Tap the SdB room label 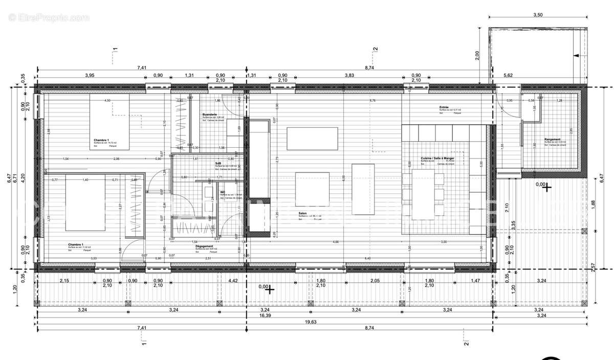[x=218, y=163]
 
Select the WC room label [x=223, y=192]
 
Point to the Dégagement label [x=204, y=246]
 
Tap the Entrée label [x=444, y=107]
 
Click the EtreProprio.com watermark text [x=49, y=17]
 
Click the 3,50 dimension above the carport [x=537, y=15]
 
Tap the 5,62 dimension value [x=509, y=75]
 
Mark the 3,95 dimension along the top [x=89, y=75]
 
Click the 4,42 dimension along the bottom [x=233, y=281]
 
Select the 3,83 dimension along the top [x=349, y=75]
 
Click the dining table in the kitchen [x=424, y=193]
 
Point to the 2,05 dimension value [x=375, y=281]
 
